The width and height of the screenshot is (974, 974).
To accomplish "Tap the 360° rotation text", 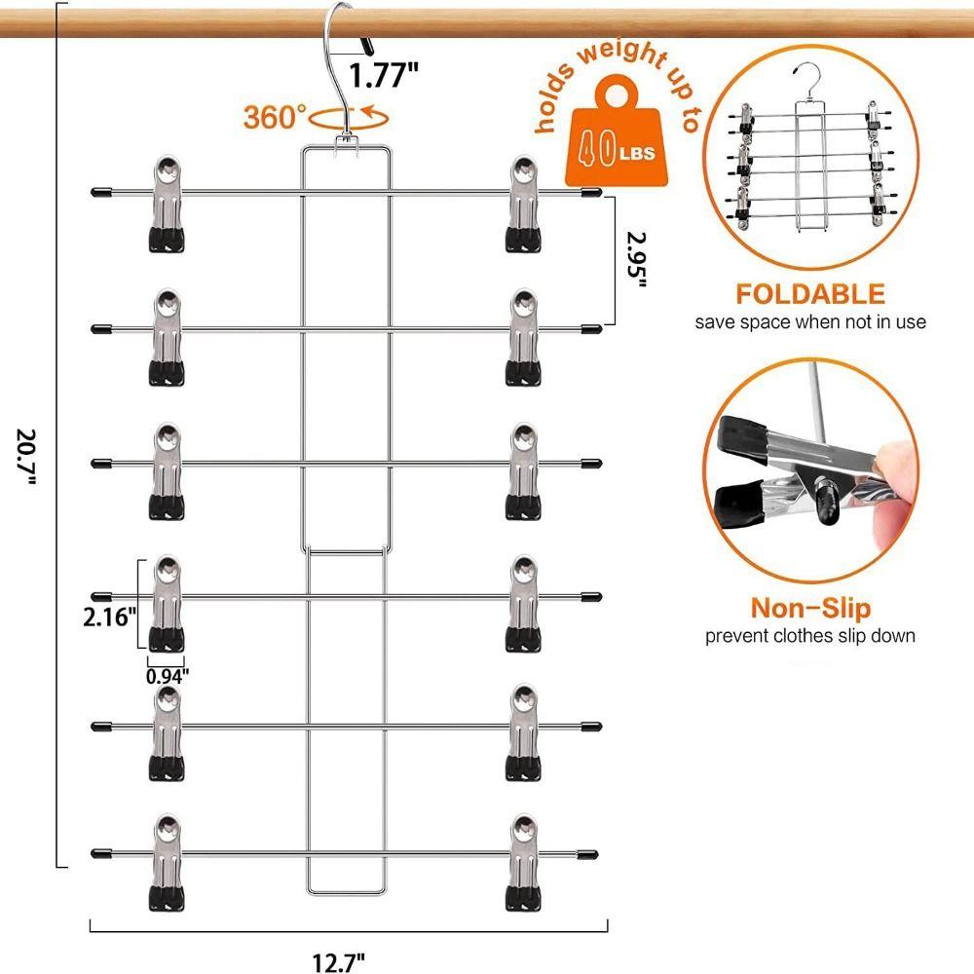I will coord(275,118).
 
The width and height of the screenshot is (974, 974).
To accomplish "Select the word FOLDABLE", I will coord(810,294).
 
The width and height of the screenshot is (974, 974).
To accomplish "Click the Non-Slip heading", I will coord(810,610).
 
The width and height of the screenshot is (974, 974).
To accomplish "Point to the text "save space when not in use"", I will coord(810,321).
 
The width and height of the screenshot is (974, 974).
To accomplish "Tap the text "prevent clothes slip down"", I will coord(810,637).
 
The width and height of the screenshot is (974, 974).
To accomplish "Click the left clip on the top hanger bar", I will coord(168,202).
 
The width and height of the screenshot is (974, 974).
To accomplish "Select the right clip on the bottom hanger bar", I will coord(524,862).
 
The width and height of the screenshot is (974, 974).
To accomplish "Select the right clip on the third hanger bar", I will coord(524,469).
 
